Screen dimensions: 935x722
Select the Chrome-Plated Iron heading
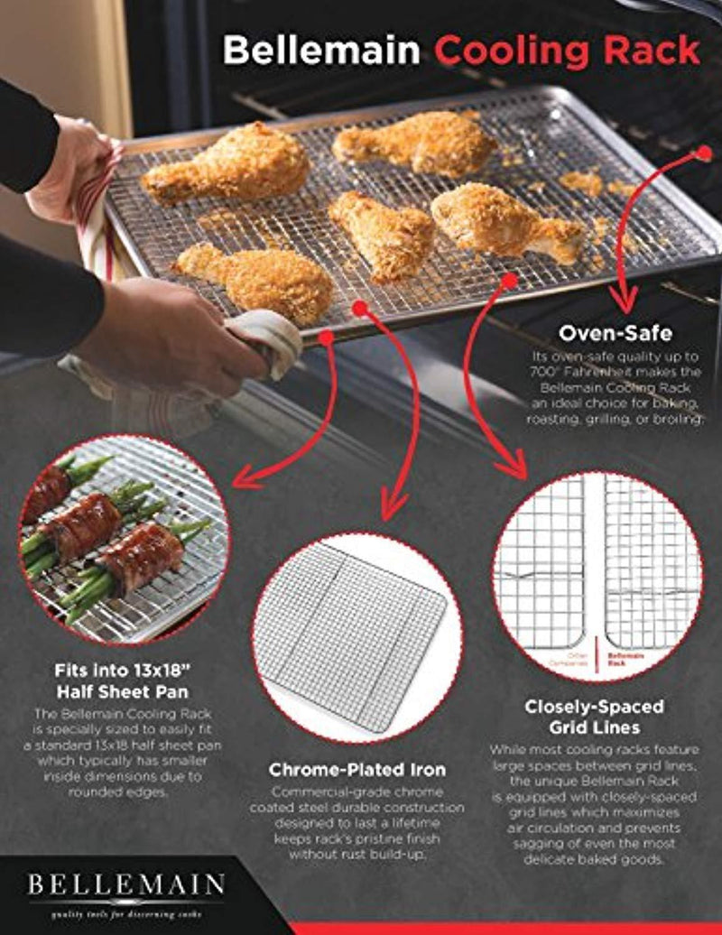click(x=356, y=770)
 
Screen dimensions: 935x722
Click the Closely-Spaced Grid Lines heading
click(x=594, y=717)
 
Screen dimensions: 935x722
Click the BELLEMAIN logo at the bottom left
click(x=125, y=882)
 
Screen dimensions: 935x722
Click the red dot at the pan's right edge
click(x=704, y=154)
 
